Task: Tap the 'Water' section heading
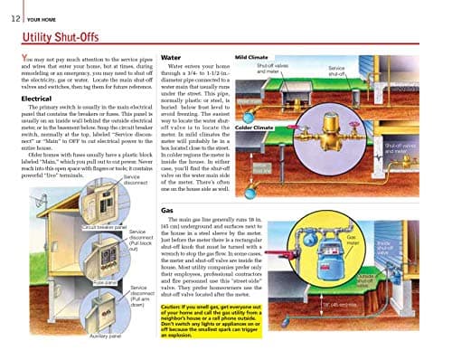pos(173,56)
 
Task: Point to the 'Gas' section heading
pos(167,209)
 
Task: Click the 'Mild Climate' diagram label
pos(251,56)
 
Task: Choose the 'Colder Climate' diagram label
pos(254,128)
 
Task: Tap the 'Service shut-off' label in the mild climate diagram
pos(338,70)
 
